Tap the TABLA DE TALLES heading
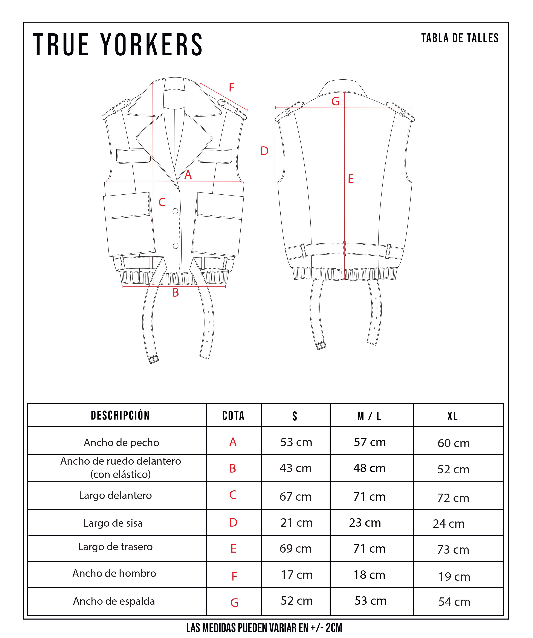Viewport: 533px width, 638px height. [460, 38]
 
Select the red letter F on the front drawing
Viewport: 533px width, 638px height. [232, 88]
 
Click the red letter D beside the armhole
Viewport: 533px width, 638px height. [264, 151]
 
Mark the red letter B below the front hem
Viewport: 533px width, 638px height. [176, 292]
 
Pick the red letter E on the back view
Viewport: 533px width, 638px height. [351, 179]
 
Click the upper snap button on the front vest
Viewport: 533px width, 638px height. [175, 211]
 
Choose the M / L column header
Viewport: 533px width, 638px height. [369, 416]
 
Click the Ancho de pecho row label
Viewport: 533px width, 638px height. [121, 443]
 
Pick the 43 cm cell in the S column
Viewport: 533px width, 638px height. [296, 468]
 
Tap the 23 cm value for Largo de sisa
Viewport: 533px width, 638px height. [365, 523]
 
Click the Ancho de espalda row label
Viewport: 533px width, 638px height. [114, 601]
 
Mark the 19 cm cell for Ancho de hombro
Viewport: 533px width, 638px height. [454, 577]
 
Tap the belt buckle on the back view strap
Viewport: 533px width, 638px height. [321, 346]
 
